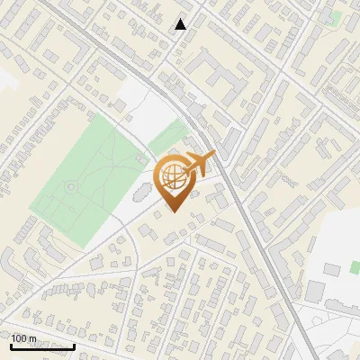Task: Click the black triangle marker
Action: point(181,24)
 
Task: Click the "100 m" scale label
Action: point(23,338)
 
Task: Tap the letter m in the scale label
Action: point(32,338)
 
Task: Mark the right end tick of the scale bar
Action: point(74,346)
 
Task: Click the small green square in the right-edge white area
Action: point(332,268)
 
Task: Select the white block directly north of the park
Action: point(144,103)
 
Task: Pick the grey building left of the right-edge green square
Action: point(314,290)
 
